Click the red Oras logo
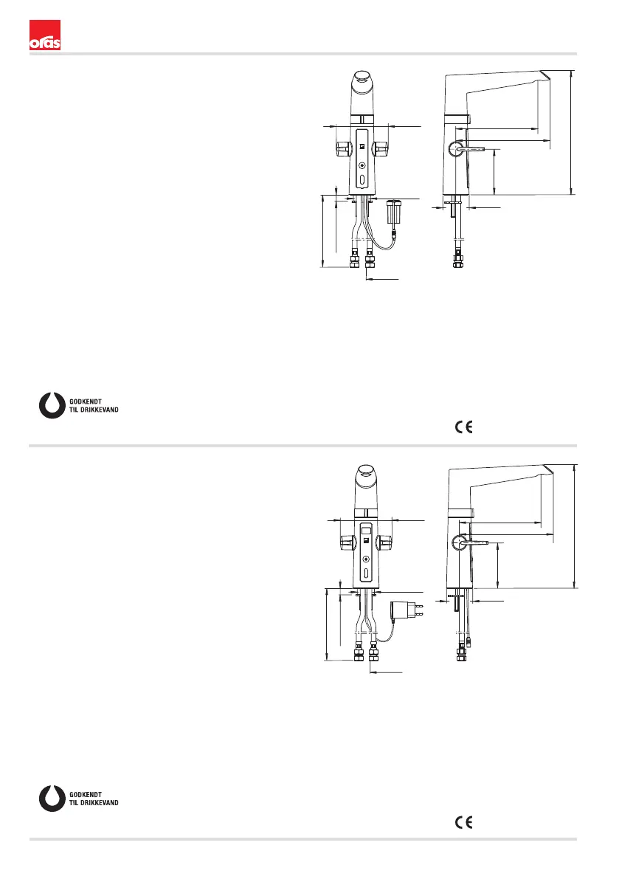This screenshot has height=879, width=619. pyautogui.click(x=44, y=36)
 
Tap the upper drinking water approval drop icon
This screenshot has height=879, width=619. pyautogui.click(x=52, y=404)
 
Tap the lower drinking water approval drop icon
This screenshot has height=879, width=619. pyautogui.click(x=52, y=799)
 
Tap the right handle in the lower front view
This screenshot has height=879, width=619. pyautogui.click(x=384, y=543)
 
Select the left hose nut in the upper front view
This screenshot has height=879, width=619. pyautogui.click(x=353, y=261)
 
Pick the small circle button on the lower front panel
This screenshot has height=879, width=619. pyautogui.click(x=366, y=559)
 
